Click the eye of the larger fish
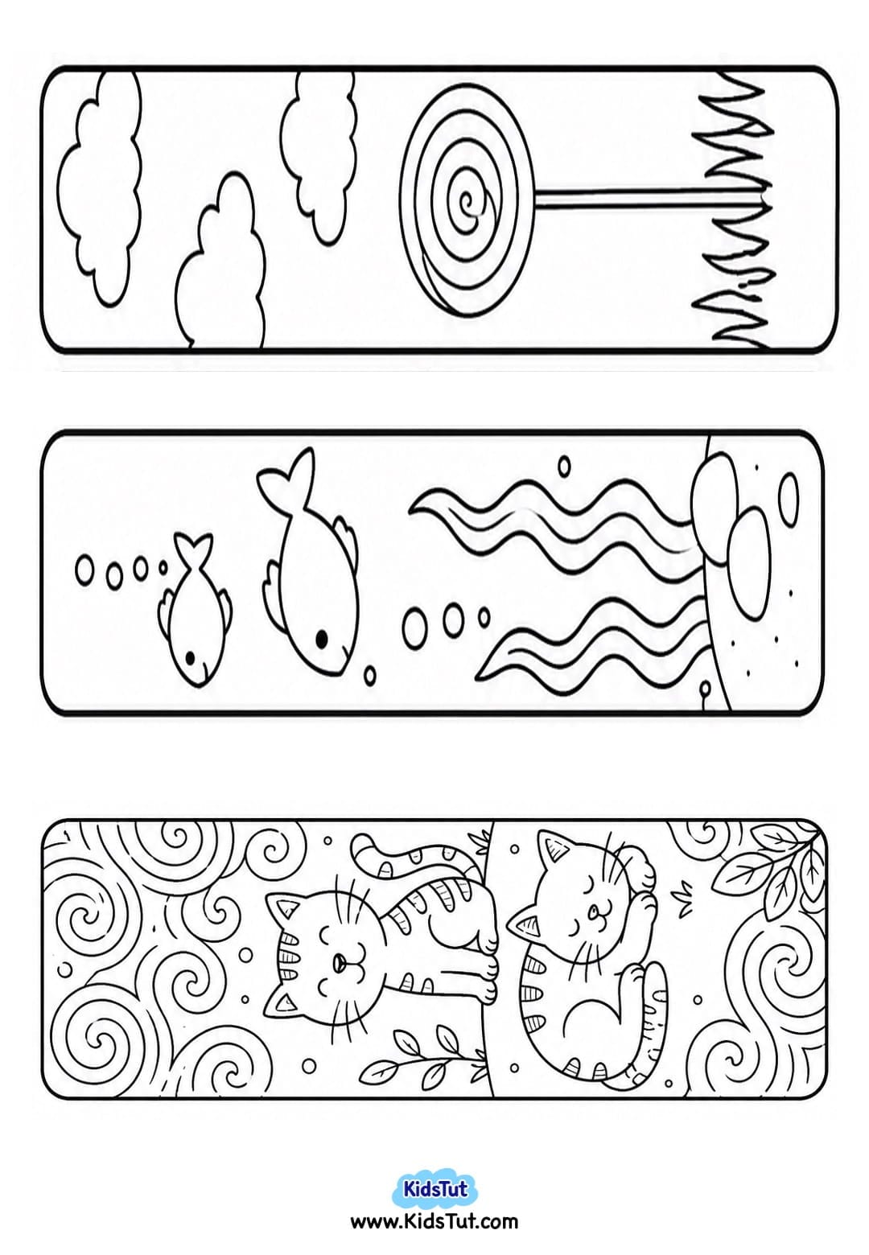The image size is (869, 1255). [322, 638]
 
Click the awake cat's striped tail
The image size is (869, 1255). [414, 862]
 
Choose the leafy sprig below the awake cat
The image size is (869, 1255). [420, 1053]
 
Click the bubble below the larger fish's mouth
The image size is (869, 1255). [370, 675]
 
